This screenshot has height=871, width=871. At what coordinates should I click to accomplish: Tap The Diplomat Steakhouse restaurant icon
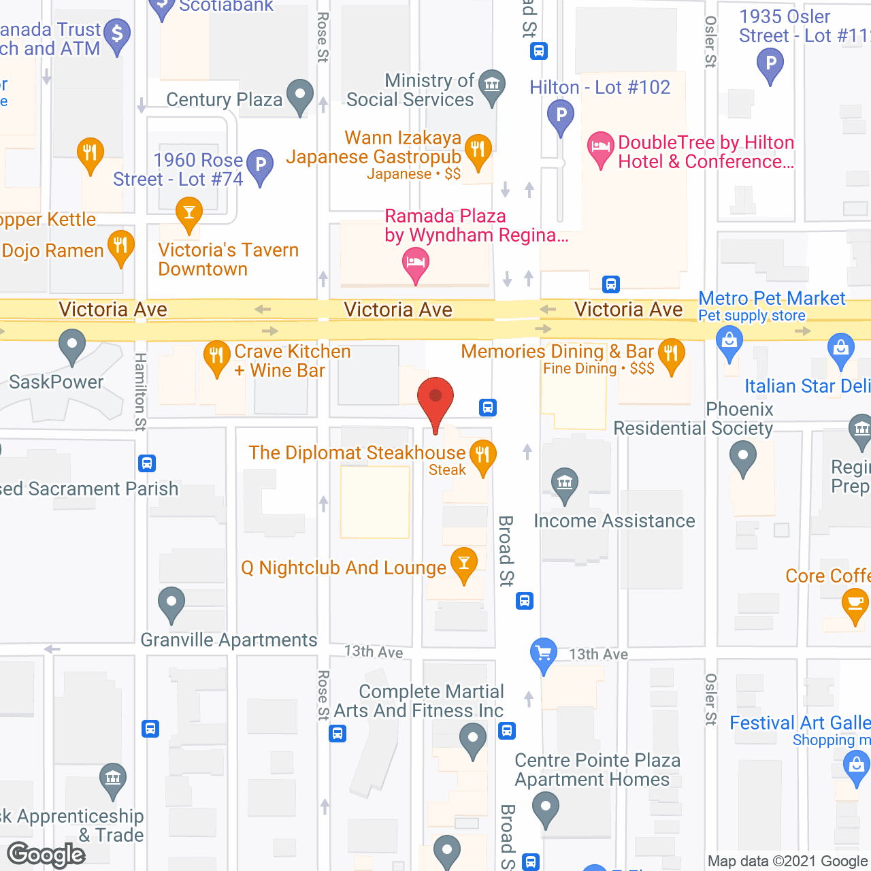482,454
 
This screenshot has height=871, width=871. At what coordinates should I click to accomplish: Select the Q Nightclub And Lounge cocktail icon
464,563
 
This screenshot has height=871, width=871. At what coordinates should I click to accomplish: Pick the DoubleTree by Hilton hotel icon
600,147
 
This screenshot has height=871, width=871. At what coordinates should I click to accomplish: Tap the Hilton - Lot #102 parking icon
561,115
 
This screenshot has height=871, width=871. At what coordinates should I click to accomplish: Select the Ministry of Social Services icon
492,85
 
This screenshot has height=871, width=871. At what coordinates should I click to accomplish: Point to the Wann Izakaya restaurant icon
478,148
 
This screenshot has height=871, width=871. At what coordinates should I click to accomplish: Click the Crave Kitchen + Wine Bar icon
216,355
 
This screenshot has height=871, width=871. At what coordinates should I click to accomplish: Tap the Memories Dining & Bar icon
672,354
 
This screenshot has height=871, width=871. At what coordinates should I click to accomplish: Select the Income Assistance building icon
564,482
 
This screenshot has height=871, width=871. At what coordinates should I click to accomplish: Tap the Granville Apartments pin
171,602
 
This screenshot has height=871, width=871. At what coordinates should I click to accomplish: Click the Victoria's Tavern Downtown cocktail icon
189,212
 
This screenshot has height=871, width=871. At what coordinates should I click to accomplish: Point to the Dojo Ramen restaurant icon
120,245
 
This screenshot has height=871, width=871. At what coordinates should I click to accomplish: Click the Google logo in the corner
46,855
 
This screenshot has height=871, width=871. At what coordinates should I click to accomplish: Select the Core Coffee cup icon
855,604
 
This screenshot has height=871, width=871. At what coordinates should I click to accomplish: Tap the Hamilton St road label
140,391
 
